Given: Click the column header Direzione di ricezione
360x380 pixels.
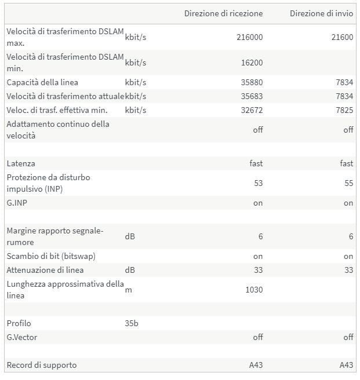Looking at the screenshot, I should click(223, 13).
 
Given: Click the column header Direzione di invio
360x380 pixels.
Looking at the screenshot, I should click(321, 13).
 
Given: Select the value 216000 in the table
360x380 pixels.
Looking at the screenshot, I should click(250, 37).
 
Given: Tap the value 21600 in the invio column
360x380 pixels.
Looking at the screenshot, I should click(341, 37).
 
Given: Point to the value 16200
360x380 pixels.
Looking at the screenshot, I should click(252, 63).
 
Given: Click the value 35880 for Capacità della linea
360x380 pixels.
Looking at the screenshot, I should click(252, 82).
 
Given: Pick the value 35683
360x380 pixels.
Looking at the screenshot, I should click(252, 96).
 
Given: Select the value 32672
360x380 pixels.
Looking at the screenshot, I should click(252, 110).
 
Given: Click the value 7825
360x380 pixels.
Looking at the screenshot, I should click(344, 110).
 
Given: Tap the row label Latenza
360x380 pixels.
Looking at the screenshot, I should click(21, 164).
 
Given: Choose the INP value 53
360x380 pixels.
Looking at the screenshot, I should click(258, 183).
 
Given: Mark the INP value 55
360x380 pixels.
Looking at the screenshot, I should click(348, 183).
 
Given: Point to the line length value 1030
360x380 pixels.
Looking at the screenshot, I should click(253, 290).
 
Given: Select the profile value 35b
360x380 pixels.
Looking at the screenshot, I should click(132, 323).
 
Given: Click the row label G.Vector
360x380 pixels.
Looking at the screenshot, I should click(22, 337).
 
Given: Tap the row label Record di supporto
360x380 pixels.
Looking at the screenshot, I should click(42, 365).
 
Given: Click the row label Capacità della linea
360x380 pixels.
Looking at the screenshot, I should click(42, 82).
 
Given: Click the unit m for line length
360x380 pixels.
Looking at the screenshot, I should click(128, 290).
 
